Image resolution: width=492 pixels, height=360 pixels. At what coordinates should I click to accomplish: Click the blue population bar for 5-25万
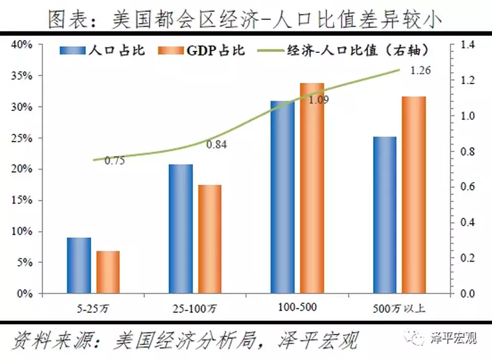[x=78, y=266]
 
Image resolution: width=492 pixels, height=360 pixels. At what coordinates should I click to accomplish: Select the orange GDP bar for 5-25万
[x=108, y=272]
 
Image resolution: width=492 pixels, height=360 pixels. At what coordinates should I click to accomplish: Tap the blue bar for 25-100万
[x=181, y=229]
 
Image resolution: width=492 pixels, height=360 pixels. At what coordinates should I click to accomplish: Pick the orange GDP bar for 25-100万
[x=210, y=239]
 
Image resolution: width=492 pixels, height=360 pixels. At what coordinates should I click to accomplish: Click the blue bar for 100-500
[x=282, y=197]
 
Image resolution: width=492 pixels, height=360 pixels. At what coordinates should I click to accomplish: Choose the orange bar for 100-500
[x=312, y=188]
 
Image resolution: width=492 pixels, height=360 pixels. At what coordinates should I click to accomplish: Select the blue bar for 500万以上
[x=385, y=215]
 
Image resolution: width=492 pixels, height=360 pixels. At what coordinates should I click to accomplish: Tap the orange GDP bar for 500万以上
[x=414, y=195]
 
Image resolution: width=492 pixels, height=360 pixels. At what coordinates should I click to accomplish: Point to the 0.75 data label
[x=115, y=161]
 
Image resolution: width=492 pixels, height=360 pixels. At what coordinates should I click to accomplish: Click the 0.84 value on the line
[x=216, y=145]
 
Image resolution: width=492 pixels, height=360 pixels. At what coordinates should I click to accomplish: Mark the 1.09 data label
[x=318, y=100]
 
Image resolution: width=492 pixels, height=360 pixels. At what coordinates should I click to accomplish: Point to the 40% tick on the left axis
[x=22, y=45]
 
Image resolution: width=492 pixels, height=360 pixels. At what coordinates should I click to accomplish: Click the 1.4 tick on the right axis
[x=467, y=45]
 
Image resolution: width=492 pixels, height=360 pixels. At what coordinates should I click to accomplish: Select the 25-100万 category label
[x=195, y=309]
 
